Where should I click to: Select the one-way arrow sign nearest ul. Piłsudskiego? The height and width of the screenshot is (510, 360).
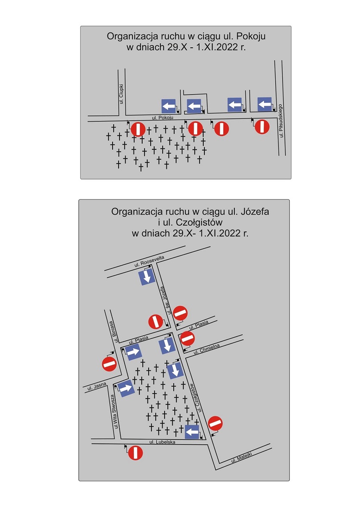click(x=265, y=104)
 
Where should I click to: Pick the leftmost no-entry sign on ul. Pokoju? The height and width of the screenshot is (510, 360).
click(x=138, y=129)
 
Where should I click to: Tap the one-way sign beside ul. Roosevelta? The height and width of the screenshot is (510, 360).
click(x=147, y=277)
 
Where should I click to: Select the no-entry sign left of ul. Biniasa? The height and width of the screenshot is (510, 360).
click(x=109, y=364)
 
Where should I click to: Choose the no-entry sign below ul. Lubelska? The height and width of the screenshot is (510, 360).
click(x=135, y=453)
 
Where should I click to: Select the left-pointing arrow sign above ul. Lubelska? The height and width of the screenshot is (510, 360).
click(x=192, y=432)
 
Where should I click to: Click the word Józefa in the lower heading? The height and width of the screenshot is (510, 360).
click(x=255, y=211)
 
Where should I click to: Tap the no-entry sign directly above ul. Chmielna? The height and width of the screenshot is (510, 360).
click(x=187, y=338)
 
